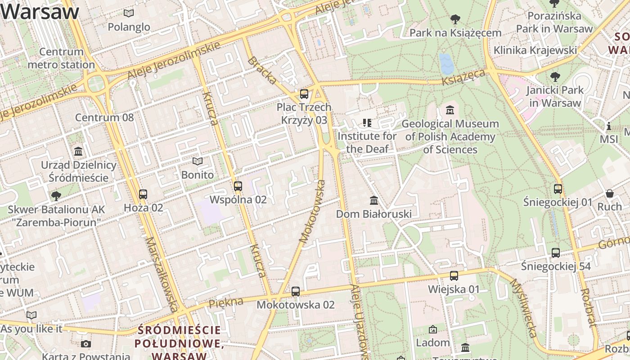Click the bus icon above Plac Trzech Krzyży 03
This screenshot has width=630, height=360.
tap(304, 94)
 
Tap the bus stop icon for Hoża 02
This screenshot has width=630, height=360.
tap(143, 194)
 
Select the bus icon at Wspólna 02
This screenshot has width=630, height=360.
tap(238, 186)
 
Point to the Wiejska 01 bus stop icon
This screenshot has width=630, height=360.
tap(454, 276)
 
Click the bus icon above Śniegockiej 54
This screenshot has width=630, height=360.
tap(556, 253)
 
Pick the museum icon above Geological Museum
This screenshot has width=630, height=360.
tap(450, 110)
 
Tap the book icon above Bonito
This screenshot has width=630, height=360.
tap(198, 161)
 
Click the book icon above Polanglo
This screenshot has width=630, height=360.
tap(129, 13)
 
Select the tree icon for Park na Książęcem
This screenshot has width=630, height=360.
tap(455, 19)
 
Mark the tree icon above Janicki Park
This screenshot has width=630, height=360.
tap(555, 76)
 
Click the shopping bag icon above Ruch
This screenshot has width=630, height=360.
tap(609, 193)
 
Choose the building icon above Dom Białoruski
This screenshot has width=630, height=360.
tap(373, 200)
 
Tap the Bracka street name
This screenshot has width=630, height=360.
tap(262, 71)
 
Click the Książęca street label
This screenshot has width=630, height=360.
tap(463, 77)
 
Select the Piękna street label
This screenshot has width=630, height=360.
tap(226, 303)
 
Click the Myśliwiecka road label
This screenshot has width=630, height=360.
tap(523, 308)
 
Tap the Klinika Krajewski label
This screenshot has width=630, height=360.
tap(535, 50)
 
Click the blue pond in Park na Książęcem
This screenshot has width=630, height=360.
tap(447, 64)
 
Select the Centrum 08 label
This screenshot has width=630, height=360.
tap(104, 118)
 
